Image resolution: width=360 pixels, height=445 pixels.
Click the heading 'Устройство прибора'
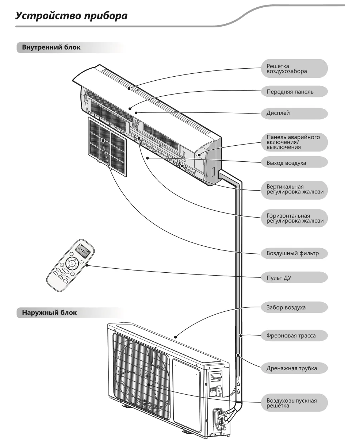point(72,16)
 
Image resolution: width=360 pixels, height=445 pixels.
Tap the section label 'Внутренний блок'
point(51,47)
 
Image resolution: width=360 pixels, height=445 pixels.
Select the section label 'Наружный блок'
point(49,312)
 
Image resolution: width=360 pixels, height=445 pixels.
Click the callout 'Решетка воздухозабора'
point(294,69)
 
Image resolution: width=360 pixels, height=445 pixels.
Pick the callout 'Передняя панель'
point(294,92)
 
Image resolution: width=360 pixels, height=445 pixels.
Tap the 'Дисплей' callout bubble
point(294,113)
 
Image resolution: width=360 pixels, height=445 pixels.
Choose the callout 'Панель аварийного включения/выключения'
point(294,142)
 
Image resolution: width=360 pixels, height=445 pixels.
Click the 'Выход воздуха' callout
point(294,163)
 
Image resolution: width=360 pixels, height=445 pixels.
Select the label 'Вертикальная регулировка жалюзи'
point(294,189)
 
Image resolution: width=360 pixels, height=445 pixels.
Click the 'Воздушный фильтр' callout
point(294,253)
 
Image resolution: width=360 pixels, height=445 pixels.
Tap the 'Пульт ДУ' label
point(294,278)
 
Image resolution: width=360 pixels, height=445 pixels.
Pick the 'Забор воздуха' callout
point(294,307)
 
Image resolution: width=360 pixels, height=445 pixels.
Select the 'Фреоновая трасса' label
point(294,336)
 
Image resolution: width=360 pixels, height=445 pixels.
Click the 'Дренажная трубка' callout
point(294,368)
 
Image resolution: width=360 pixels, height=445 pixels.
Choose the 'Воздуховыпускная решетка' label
point(294,403)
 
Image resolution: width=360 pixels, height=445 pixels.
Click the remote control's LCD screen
point(83,251)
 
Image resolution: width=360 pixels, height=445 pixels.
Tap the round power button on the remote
point(72,264)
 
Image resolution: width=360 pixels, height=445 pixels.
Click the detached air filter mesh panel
point(107,146)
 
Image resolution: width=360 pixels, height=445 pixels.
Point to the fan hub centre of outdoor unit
point(148,384)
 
